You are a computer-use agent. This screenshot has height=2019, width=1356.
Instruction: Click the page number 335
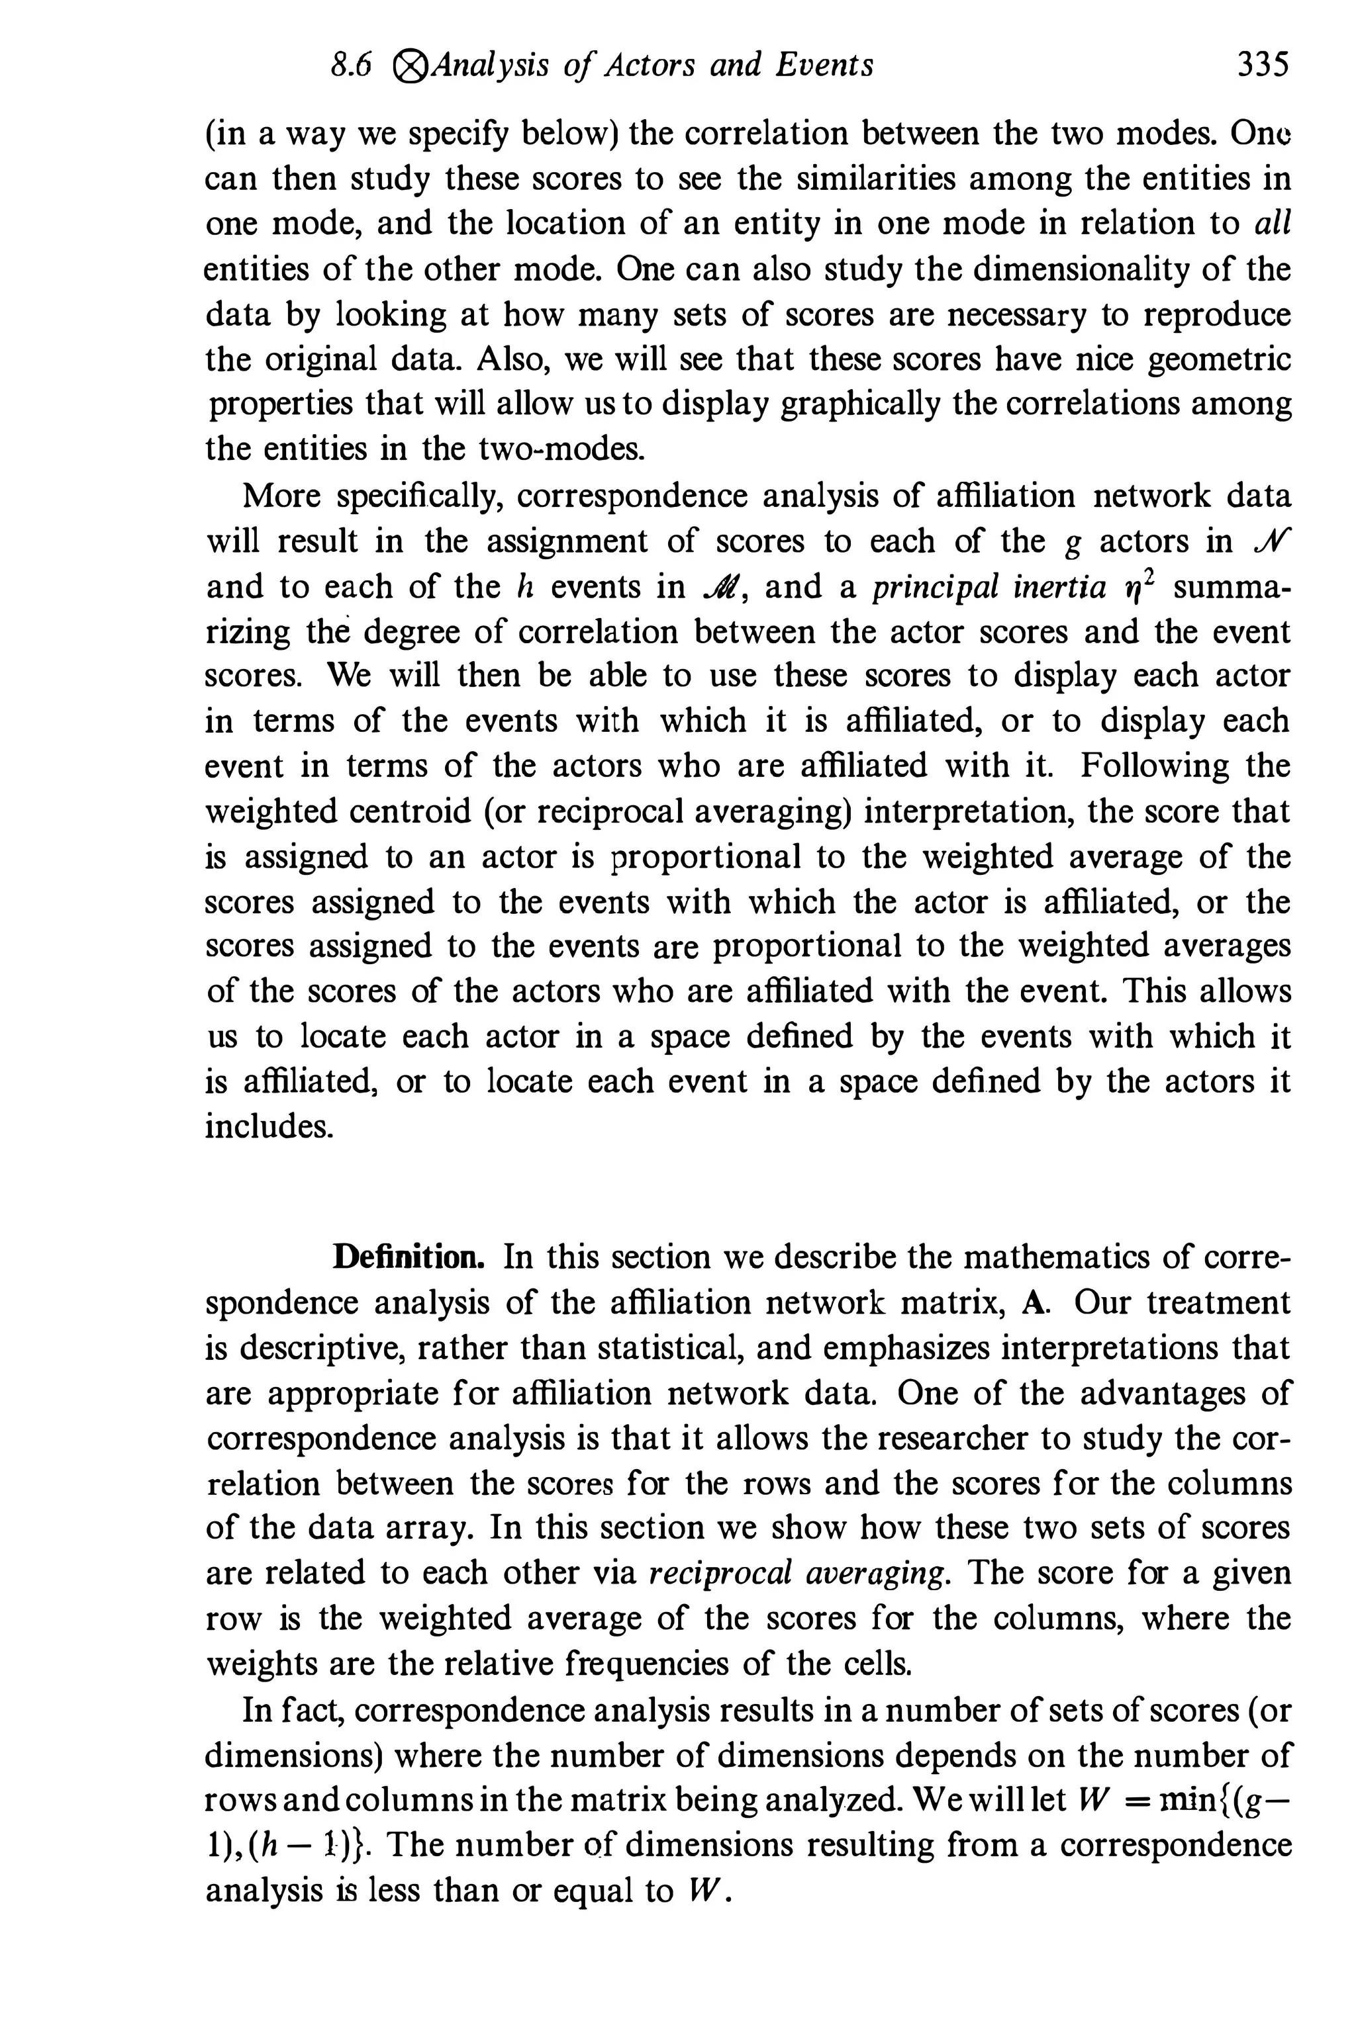1263,65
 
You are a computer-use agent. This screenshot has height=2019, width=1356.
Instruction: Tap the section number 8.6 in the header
351,66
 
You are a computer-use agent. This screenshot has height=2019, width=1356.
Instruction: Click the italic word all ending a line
1271,223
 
